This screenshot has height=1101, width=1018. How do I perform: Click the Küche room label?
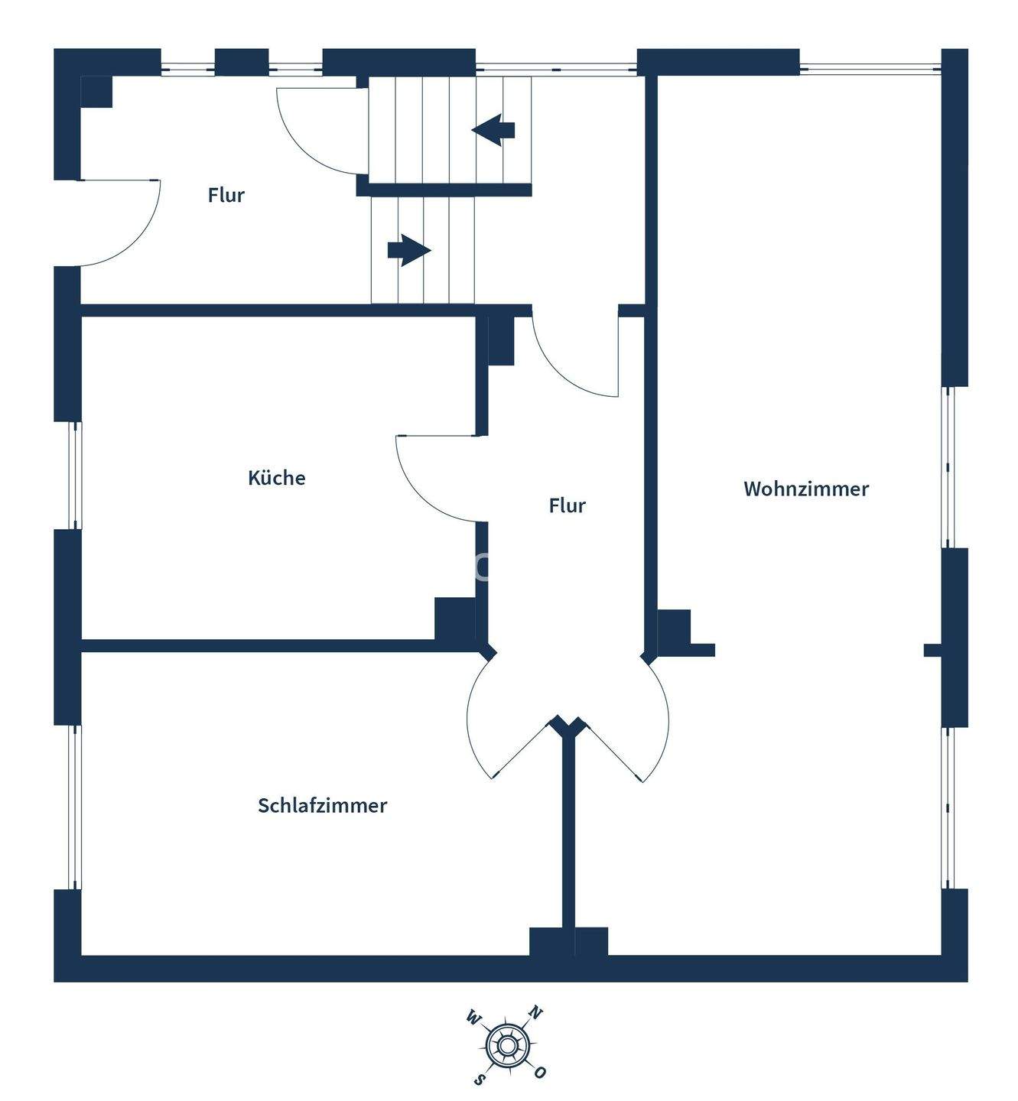277,478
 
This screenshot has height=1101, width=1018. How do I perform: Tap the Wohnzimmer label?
806,489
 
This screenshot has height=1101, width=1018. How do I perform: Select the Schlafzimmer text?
322,805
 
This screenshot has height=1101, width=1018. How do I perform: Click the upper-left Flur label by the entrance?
226,195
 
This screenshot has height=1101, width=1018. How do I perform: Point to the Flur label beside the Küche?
567,505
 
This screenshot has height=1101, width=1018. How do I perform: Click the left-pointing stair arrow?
493,129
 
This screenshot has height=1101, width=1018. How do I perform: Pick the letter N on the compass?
536,1014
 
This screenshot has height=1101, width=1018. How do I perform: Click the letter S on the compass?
480,1078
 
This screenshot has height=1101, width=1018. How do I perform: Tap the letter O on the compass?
540,1072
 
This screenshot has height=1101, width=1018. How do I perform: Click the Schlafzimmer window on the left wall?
75,807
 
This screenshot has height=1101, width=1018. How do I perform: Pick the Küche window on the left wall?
75,475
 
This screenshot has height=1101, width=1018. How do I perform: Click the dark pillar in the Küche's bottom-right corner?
454,618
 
